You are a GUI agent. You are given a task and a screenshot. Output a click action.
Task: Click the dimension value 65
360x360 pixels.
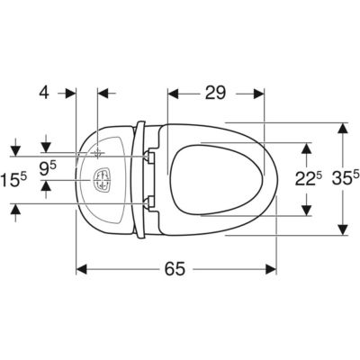click(175, 268)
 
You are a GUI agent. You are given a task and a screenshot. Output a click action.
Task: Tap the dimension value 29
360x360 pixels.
click(215, 93)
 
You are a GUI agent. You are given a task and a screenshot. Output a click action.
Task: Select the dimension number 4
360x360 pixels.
click(44, 93)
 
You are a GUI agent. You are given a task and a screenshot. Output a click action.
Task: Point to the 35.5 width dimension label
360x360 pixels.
click(346, 179)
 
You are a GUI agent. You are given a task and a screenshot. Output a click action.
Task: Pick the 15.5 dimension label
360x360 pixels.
click(13, 180)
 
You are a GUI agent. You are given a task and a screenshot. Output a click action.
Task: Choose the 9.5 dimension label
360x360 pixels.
click(48, 169)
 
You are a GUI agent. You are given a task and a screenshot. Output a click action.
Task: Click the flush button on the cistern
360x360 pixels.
click(103, 180)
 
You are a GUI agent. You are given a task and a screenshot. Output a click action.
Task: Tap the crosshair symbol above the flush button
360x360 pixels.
click(97, 153)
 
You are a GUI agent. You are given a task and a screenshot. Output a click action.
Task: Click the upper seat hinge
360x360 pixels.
click(149, 157)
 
